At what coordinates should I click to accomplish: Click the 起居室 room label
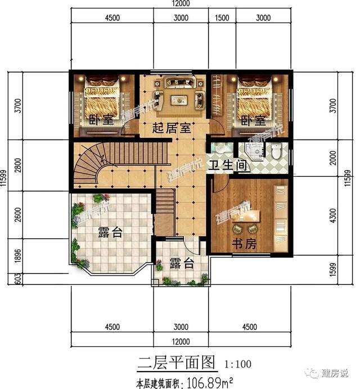[x=172, y=128]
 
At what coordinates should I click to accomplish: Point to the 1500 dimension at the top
[x=222, y=18]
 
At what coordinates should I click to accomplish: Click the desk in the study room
[x=246, y=217]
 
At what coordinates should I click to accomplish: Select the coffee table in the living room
[x=179, y=100]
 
